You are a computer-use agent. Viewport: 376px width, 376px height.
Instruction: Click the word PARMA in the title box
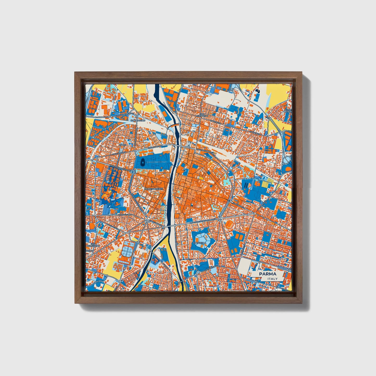pyautogui.click(x=267, y=274)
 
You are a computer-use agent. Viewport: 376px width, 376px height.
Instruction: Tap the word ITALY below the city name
pyautogui.click(x=272, y=279)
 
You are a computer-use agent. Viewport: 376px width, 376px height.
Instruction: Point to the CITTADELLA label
pyautogui.click(x=199, y=243)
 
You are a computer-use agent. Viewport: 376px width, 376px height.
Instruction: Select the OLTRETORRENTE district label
pyautogui.click(x=154, y=188)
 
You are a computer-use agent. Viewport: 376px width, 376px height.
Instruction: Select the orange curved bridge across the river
pyautogui.click(x=174, y=125)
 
